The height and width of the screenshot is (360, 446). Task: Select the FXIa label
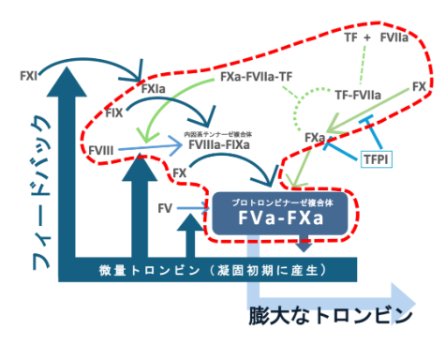(x=155, y=88)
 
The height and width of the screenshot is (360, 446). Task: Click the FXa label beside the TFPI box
(x=315, y=139)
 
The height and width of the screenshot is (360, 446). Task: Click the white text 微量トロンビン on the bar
(x=141, y=271)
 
